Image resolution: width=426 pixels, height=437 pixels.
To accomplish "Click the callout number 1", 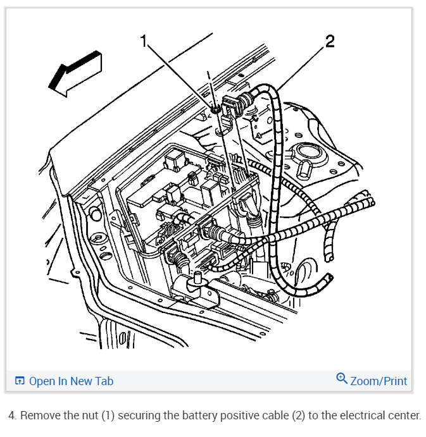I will point(144,42).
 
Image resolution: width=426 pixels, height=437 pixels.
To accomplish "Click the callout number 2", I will point(329,42).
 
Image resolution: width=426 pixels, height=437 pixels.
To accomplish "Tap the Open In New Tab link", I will point(71,381).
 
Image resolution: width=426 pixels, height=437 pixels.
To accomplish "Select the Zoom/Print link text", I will point(379,381).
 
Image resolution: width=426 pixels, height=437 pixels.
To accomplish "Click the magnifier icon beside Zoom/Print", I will point(342,379).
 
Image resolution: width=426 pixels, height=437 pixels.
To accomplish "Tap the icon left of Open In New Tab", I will point(20,381).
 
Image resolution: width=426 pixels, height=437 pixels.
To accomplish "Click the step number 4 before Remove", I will point(12,416).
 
